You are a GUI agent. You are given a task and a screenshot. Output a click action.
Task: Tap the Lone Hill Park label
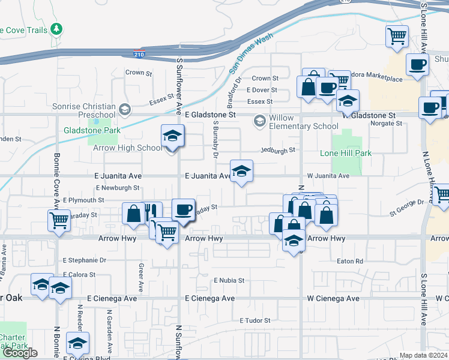click(x=345, y=153)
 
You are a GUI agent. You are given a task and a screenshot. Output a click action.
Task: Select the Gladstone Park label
click(x=92, y=130)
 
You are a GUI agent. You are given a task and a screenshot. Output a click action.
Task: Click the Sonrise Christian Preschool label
click(x=88, y=110)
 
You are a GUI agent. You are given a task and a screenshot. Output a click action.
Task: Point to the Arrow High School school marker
click(x=172, y=137)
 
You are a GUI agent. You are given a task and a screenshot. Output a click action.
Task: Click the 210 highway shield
click(x=138, y=55)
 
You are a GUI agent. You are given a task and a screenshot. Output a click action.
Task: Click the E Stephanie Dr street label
click(x=84, y=260)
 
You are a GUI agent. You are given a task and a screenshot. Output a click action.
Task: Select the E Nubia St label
click(x=224, y=280)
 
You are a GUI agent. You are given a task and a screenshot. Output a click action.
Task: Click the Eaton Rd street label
click(x=351, y=261)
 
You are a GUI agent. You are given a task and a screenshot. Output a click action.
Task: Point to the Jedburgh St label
click(x=278, y=150)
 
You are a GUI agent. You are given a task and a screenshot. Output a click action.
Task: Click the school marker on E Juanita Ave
click(x=242, y=172)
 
